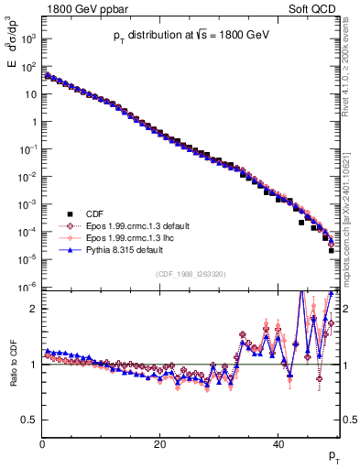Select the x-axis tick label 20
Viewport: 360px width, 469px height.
tap(160, 445)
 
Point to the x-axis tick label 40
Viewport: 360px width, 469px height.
tap(278, 445)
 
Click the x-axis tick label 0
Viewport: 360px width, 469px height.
tap(43, 445)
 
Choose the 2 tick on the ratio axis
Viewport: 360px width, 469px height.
tap(35, 309)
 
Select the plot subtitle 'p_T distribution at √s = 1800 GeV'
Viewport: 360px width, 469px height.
tap(191, 34)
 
